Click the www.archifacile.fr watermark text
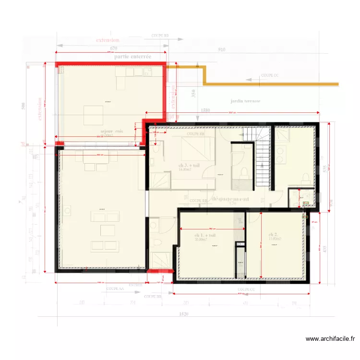click(331, 339)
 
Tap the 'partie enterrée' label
click(133, 57)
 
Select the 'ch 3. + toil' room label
click(189, 166)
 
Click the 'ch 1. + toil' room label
click(205, 236)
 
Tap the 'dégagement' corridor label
click(230, 198)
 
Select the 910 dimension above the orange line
click(221, 50)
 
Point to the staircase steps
click(262, 163)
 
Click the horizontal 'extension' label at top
click(108, 40)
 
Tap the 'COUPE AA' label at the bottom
click(115, 289)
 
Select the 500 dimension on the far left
click(24, 106)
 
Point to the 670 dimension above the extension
click(113, 48)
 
